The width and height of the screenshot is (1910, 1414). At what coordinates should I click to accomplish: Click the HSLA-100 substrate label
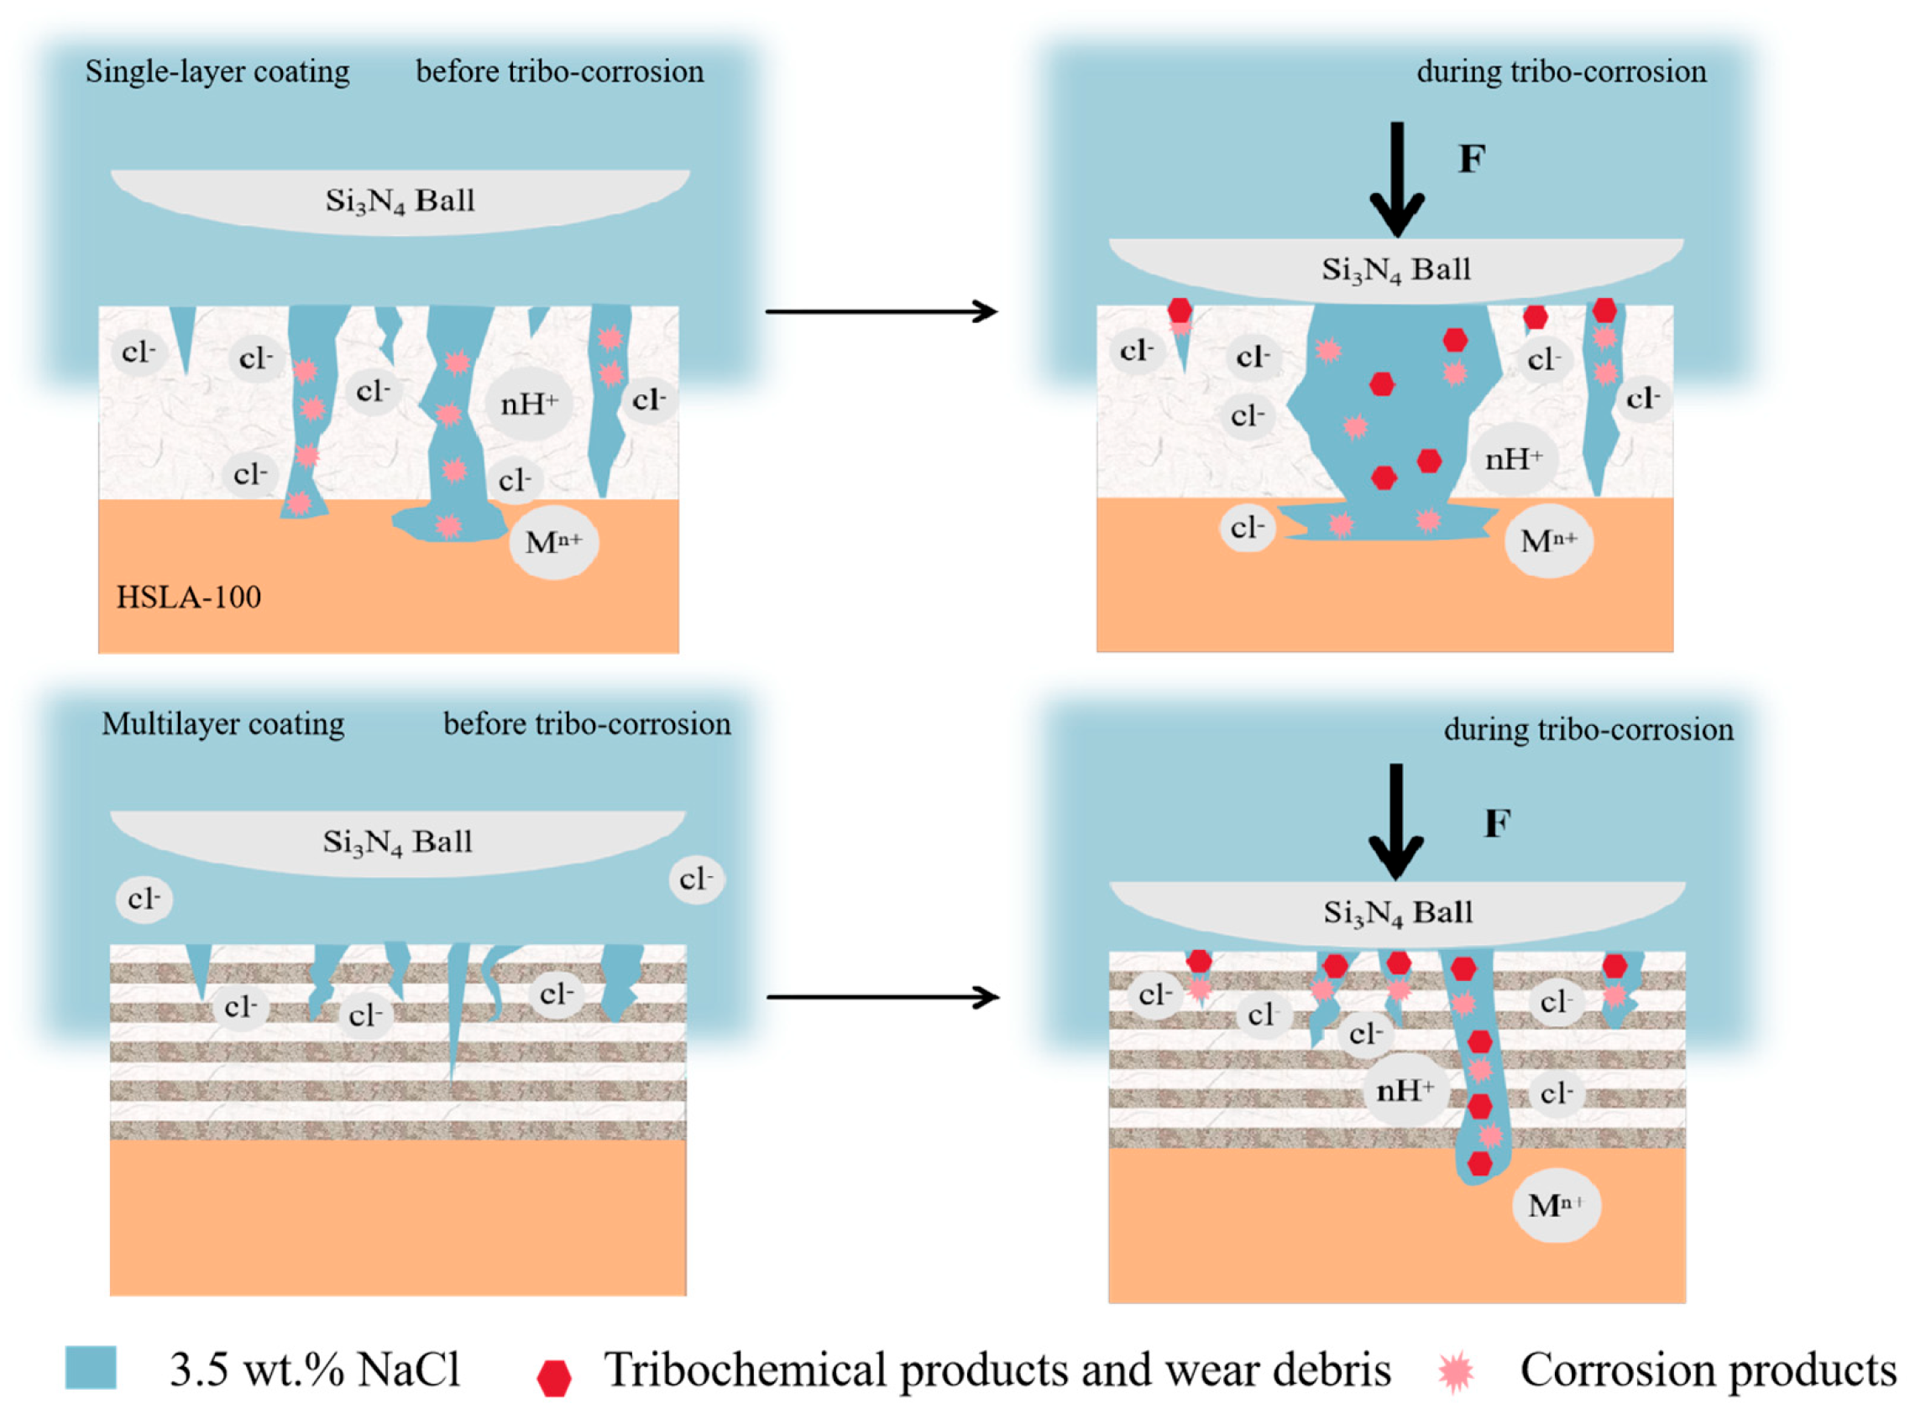(188, 597)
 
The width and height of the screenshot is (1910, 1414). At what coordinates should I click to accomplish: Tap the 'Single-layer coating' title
(217, 72)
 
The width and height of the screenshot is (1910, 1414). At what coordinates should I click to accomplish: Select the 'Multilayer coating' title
(222, 724)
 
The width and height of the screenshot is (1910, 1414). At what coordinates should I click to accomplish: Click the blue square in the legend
(91, 1368)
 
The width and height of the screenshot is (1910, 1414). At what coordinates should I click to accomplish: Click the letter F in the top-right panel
(1472, 159)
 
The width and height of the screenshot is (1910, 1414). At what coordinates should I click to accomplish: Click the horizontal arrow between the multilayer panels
(882, 997)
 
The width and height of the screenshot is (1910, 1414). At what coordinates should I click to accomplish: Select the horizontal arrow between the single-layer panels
(882, 311)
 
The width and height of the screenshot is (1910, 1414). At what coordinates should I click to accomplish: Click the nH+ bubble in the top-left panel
(529, 403)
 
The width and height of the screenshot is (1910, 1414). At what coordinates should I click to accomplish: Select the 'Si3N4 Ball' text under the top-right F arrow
(1396, 270)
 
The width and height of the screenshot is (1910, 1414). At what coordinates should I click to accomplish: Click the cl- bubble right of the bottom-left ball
(696, 880)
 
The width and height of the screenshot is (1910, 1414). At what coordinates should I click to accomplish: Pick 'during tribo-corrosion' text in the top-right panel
(1561, 72)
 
